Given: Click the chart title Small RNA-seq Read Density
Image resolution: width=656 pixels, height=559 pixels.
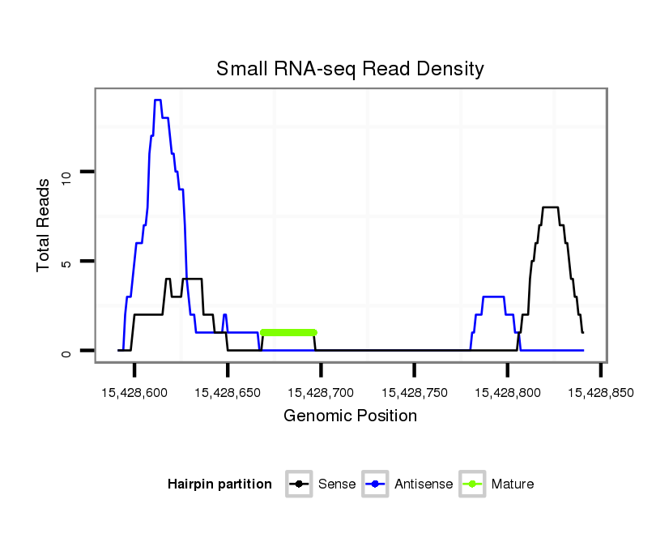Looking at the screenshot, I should [350, 69].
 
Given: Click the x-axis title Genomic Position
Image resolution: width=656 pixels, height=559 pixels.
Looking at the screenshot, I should [350, 416].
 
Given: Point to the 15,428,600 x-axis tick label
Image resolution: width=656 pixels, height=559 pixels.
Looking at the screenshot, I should [134, 392].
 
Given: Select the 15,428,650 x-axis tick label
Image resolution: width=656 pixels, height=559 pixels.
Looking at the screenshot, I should [228, 392].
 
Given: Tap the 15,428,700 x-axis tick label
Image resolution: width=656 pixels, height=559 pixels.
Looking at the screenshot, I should [321, 392].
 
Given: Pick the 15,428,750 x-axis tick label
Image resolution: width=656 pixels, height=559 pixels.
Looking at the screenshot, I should [414, 392].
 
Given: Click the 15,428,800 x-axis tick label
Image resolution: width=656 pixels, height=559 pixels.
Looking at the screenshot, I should [507, 392].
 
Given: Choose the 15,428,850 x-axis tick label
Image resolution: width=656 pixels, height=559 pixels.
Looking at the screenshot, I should [600, 392].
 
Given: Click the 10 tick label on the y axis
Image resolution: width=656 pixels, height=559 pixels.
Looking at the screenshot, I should [67, 173].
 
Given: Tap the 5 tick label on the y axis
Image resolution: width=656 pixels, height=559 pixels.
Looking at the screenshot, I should [67, 262].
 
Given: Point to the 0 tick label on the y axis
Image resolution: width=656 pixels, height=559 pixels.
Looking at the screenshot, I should [67, 352].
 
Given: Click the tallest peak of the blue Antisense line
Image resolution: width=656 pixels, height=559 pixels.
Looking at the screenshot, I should [157, 100].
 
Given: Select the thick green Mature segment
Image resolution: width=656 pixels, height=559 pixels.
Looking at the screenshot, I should [288, 332].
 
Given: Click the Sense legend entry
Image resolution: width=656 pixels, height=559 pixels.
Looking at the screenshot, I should [322, 484].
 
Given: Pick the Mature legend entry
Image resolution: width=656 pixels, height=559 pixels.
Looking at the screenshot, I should [496, 484].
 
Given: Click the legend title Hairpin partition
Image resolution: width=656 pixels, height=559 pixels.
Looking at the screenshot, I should [219, 484].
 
